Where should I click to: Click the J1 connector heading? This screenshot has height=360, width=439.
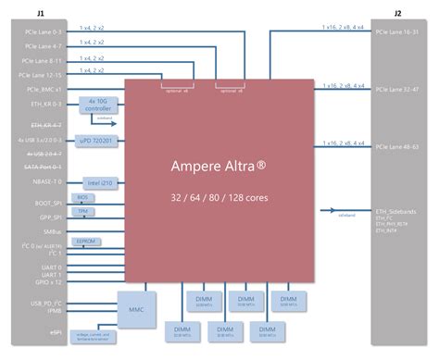tap(40, 14)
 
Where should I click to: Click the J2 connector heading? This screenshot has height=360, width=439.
tap(397, 14)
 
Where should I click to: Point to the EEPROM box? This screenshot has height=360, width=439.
tap(86, 241)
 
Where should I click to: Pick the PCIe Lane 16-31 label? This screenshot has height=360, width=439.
tap(399, 33)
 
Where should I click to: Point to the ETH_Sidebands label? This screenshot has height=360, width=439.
tap(395, 212)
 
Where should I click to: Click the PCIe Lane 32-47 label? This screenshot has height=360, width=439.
tap(399, 90)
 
